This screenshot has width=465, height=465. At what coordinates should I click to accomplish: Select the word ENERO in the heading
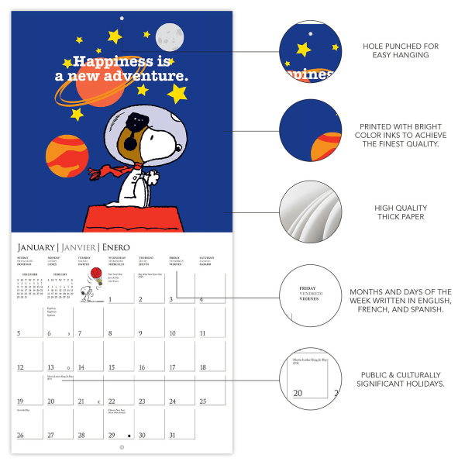tap(120, 246)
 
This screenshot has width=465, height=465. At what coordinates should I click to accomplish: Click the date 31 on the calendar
tap(173, 435)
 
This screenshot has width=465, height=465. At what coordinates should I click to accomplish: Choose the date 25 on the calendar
tap(203, 401)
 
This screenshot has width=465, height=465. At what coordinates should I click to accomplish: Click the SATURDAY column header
tap(207, 259)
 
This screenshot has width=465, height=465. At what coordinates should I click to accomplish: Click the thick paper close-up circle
tap(310, 212)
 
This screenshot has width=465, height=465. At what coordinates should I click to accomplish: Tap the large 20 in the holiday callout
tap(298, 394)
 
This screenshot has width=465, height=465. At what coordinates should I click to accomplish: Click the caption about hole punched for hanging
tap(400, 51)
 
